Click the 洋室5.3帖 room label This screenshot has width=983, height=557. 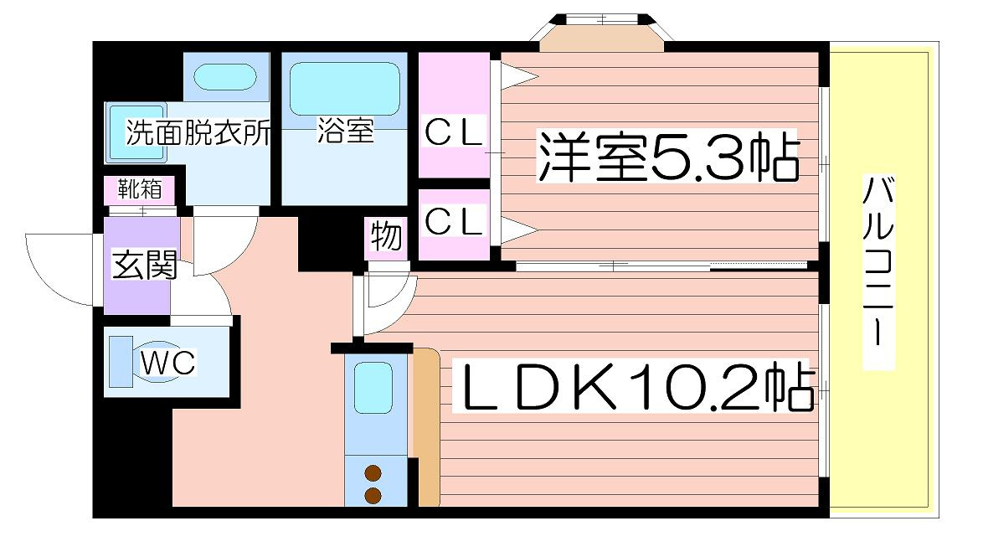click(667, 157)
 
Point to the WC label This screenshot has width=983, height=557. click(167, 363)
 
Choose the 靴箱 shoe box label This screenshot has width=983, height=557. click(139, 189)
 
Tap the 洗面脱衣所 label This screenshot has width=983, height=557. click(198, 133)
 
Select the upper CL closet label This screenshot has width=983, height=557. click(454, 132)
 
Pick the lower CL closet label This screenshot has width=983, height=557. click(454, 221)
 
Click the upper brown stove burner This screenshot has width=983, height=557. click(373, 473)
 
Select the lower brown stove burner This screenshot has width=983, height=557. click(373, 494)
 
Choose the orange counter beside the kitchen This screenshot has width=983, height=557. click(426, 427)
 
